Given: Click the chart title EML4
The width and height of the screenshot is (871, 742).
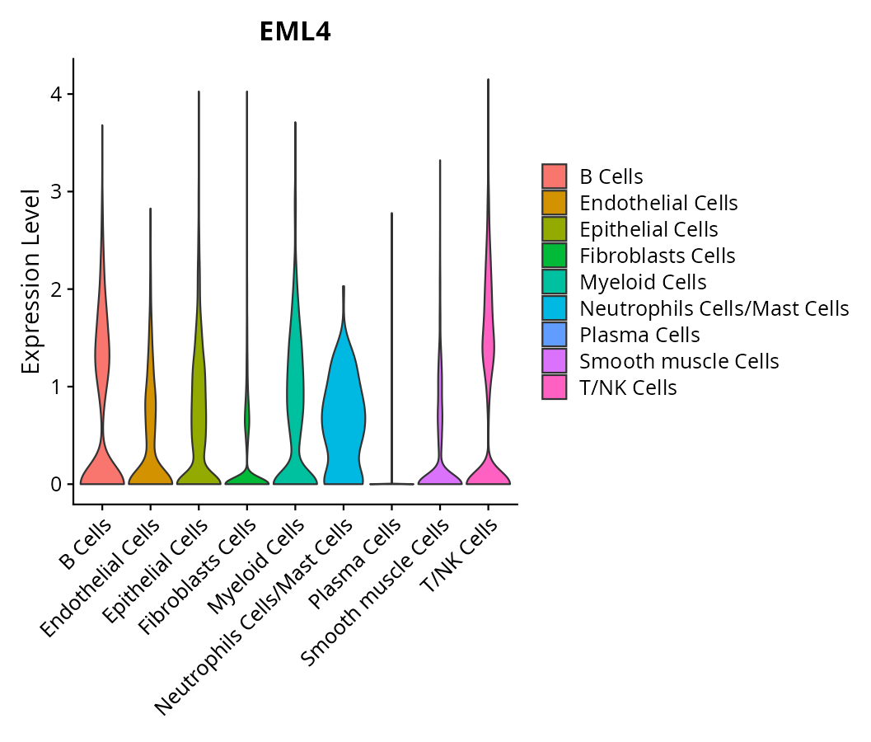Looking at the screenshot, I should pyautogui.click(x=295, y=32).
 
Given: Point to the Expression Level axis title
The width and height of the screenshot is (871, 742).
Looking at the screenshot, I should pyautogui.click(x=31, y=281).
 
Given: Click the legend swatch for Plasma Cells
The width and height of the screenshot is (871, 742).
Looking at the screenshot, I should pyautogui.click(x=554, y=335).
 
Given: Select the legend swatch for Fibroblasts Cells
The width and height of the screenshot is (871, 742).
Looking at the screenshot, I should pyautogui.click(x=554, y=256).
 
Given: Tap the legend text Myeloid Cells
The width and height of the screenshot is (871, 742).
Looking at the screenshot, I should pyautogui.click(x=643, y=282).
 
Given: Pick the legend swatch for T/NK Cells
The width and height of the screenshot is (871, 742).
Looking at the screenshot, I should pyautogui.click(x=554, y=387).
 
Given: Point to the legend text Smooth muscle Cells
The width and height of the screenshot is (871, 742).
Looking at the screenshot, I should pyautogui.click(x=679, y=361).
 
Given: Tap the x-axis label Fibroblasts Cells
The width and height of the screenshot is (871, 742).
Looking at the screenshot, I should pyautogui.click(x=197, y=578).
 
